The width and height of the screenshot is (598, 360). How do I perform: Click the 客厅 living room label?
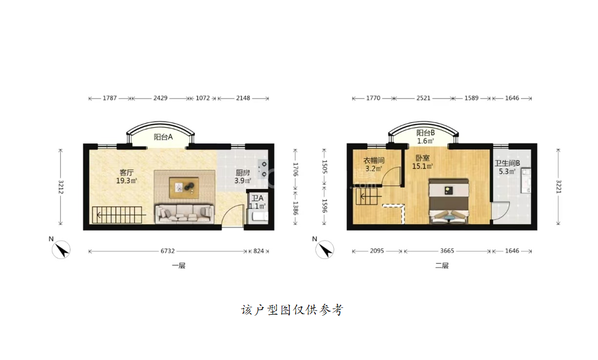coord(126,173)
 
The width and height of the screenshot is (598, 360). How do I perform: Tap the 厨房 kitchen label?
coord(243,173)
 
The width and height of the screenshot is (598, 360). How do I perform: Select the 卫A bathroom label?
coord(257,198)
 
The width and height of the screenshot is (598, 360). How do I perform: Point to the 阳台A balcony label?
coord(163,137)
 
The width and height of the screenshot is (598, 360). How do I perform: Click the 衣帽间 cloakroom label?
coord(374,160)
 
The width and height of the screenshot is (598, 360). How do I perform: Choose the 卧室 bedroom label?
coord(422,158)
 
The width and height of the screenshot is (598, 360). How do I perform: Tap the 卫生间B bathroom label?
coord(507,163)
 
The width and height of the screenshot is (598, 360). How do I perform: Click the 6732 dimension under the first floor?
coord(167,251)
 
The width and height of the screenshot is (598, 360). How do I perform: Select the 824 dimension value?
coord(258,251)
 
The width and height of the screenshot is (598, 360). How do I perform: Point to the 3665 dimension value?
coord(447,251)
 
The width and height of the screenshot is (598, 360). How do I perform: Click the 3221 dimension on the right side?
coord(558,187)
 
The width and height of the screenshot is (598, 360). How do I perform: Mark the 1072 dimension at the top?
coord(202,98)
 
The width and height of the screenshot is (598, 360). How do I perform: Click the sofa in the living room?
coord(184,214)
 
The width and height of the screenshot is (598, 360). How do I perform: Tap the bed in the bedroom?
coord(449,201)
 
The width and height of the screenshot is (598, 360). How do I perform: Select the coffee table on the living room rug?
coord(184,188)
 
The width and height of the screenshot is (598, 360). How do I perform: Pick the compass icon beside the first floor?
coord(61,250)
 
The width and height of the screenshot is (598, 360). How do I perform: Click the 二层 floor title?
coord(442,265)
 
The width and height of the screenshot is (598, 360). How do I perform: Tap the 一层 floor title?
coord(179,265)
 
